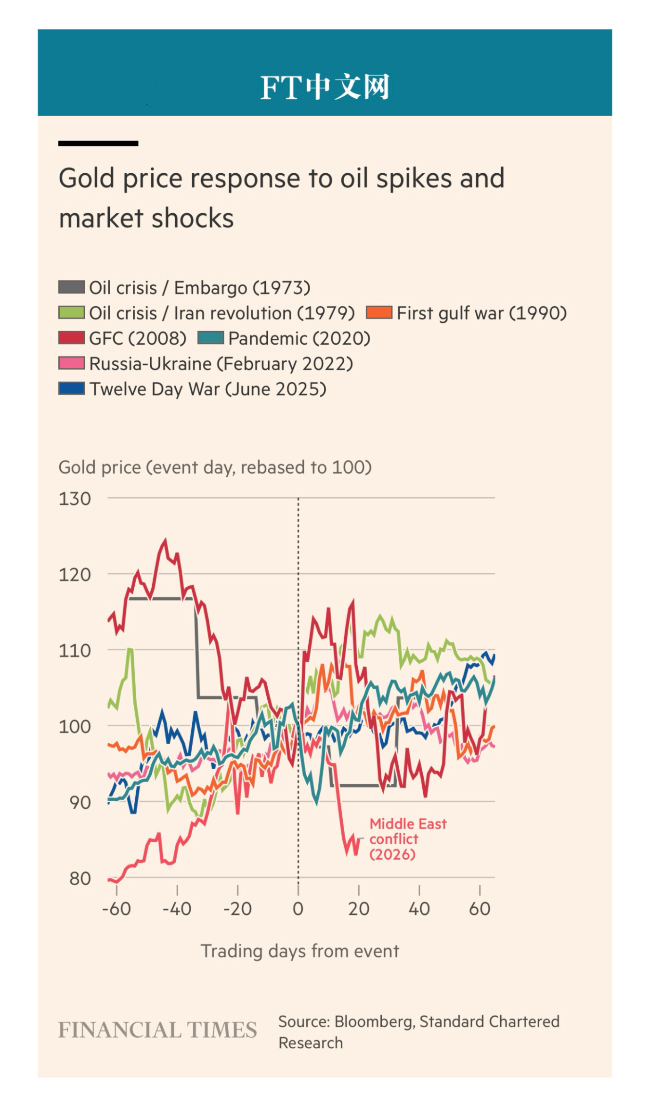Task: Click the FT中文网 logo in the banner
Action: (x=325, y=87)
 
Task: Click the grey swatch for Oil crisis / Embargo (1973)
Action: (x=71, y=287)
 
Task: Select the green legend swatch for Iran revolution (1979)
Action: (x=71, y=313)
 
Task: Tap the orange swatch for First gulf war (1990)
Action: (x=379, y=313)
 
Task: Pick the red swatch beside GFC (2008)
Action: (x=71, y=338)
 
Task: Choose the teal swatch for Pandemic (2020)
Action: (x=210, y=338)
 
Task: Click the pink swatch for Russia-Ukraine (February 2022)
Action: (x=71, y=363)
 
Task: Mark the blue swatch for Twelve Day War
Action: (x=71, y=388)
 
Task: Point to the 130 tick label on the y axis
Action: (x=75, y=499)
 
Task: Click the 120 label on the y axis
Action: (x=75, y=575)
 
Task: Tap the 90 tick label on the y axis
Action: (x=80, y=803)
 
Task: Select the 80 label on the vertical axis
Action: (x=80, y=879)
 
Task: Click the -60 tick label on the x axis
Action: (x=116, y=909)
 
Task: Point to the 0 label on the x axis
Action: (x=298, y=909)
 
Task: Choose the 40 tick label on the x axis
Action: (x=419, y=909)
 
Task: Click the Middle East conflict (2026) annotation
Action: (x=407, y=839)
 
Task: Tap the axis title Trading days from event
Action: (x=299, y=952)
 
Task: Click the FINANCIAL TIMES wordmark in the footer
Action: (x=157, y=1030)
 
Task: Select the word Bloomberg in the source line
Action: (x=374, y=1022)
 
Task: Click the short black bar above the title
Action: (x=98, y=143)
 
